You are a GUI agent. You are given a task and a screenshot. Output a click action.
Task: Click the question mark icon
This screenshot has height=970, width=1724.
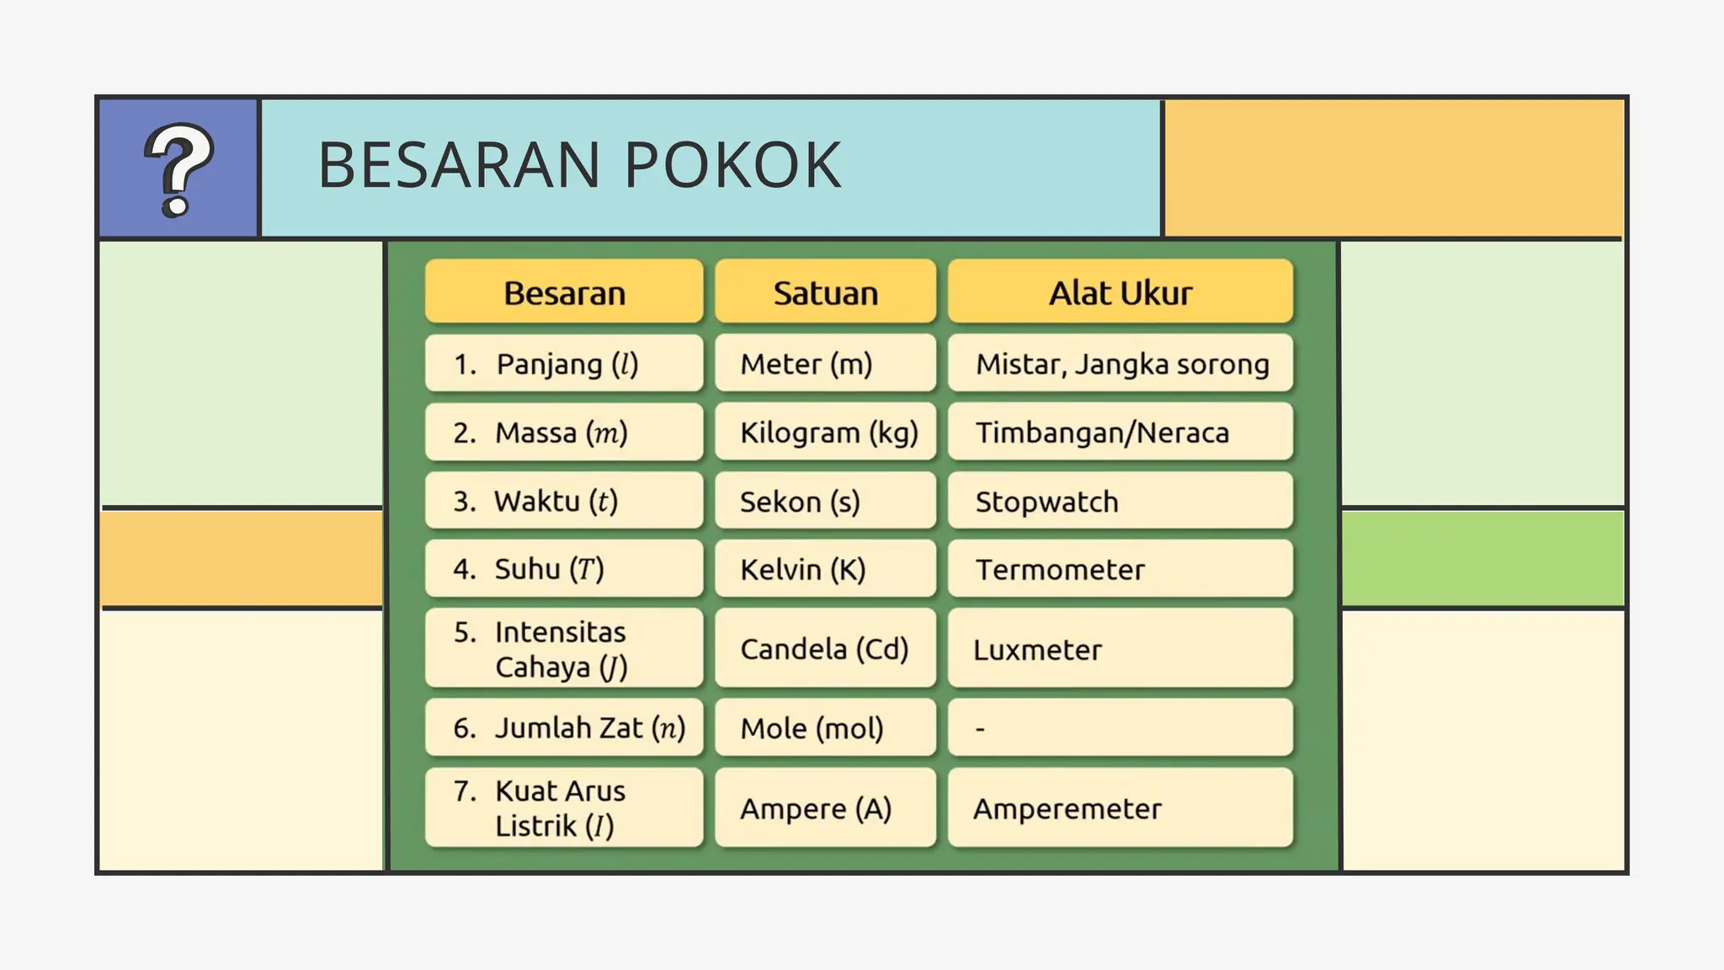point(178,169)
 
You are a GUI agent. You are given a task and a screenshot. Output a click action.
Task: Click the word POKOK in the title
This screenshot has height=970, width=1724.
point(732,165)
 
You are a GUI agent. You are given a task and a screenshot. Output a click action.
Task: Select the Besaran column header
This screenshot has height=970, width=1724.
point(564,292)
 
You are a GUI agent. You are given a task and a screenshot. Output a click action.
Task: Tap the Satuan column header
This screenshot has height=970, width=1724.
point(825,292)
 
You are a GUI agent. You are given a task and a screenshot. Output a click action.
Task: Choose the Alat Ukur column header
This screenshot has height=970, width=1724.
point(1120,292)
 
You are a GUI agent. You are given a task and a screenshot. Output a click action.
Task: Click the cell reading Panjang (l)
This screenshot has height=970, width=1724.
point(564,364)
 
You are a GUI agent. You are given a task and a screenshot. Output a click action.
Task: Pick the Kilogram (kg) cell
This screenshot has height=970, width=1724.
point(826,433)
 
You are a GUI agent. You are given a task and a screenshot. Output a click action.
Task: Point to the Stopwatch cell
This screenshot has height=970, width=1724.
point(1120,502)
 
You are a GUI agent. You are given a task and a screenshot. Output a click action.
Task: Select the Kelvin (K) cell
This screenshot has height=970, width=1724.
point(825,569)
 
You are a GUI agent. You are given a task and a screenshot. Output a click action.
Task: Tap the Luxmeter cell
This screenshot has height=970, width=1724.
point(1120,649)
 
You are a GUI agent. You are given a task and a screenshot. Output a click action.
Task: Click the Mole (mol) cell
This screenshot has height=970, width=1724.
point(825,728)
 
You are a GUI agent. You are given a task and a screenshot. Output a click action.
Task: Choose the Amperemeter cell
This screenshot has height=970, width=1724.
point(1120,808)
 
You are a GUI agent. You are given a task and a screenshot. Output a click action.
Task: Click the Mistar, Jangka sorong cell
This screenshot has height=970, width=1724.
point(1120,364)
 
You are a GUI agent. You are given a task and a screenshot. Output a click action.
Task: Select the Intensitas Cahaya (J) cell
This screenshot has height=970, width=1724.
point(564,649)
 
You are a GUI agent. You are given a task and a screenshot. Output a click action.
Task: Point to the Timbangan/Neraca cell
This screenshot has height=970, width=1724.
point(1120,433)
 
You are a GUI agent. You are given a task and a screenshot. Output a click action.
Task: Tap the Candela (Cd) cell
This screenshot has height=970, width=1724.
point(825,649)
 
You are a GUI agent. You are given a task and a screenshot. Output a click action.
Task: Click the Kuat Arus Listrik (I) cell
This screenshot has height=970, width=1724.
point(564,808)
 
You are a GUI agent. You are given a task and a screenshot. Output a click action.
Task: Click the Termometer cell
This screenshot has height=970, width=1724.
point(1120,569)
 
